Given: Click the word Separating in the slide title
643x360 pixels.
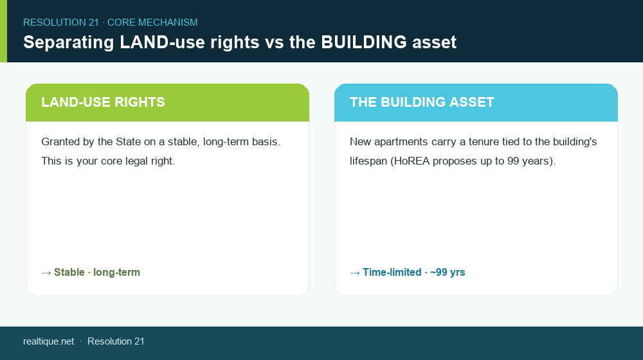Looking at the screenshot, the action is click(69, 42).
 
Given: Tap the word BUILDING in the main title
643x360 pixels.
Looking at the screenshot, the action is click(364, 42).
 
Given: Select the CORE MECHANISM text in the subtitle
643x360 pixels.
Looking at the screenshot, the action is click(152, 22).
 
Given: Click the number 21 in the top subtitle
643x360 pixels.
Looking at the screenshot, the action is click(93, 22).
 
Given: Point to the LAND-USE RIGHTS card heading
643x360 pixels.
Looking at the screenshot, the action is click(103, 102).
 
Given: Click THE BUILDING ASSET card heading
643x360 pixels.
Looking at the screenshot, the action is click(422, 102).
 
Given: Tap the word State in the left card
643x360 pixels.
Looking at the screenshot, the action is click(129, 142).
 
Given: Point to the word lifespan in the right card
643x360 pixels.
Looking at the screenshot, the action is click(368, 161).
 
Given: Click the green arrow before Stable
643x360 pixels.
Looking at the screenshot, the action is click(46, 273).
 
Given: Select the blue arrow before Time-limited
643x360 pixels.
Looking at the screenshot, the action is click(355, 273).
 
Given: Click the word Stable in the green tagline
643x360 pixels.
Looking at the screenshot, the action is click(69, 273).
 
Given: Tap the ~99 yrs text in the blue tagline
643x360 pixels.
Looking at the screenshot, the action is click(448, 273).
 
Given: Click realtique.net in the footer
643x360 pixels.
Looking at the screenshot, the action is click(48, 341).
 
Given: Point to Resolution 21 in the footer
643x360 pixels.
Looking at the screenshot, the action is click(116, 341).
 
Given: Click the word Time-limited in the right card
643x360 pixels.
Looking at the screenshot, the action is click(392, 273).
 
